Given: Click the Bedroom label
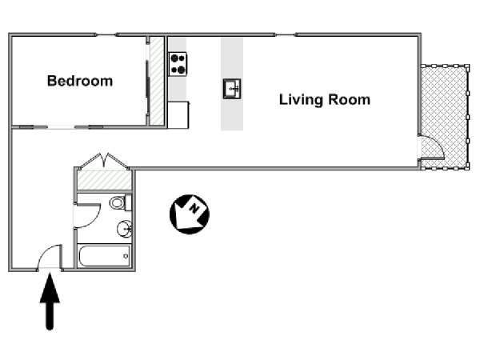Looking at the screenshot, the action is (80, 81).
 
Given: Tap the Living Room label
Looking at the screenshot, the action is (325, 100).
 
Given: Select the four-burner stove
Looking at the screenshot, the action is (178, 64).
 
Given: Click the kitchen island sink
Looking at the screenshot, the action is (232, 89).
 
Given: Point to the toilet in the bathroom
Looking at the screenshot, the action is (120, 202).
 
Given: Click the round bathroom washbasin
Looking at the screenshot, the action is (124, 228).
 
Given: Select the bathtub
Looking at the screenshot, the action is (105, 256).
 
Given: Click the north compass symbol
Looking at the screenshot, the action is (190, 214).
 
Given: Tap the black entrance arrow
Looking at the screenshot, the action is (50, 302).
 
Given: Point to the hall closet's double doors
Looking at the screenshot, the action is (104, 161).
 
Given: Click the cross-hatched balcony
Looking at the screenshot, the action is (445, 117).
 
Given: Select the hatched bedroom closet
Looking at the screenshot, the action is (157, 81).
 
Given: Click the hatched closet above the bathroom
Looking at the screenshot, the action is (104, 180).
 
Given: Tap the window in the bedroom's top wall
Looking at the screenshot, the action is (106, 34).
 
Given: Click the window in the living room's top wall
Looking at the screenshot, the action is (286, 34).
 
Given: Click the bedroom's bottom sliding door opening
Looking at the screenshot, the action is (62, 127).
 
